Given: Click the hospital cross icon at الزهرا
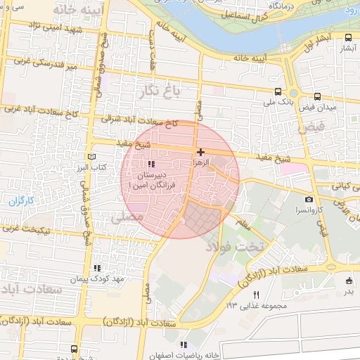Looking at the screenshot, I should coord(201,152).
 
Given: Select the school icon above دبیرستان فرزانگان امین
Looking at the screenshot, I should coord(151,165).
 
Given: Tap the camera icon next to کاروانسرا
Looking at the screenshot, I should coord(309,199).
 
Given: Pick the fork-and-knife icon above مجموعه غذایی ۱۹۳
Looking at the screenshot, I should coord(257,295).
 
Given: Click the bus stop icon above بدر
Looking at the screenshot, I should coord(349,281).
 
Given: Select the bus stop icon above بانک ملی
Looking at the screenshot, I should coord(278,92).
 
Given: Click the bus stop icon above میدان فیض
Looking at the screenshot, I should coord(317,96).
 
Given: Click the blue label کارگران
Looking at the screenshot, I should coord(21,201).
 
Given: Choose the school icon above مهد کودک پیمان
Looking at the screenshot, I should coord(97,268).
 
